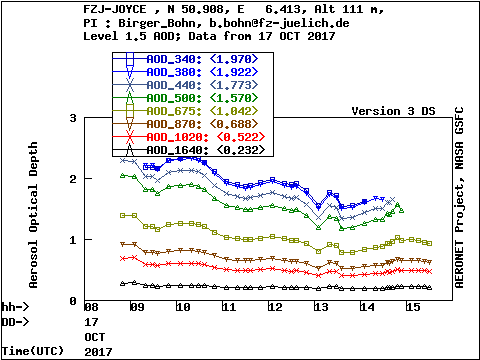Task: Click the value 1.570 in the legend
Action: (x=234, y=98)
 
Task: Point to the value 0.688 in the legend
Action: (x=234, y=124)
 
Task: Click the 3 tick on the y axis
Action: (x=73, y=118)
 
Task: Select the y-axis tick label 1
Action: (x=73, y=240)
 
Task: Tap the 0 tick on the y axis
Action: (x=73, y=301)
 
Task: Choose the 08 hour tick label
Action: (x=91, y=307)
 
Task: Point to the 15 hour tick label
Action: (x=413, y=307)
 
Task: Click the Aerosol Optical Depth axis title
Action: (x=33, y=215)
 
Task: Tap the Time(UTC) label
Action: (x=33, y=351)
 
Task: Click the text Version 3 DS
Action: (x=393, y=111)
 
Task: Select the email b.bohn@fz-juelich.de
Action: (x=279, y=23)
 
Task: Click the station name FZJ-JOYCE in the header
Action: (x=115, y=9)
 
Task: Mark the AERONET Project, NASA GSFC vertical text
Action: (x=459, y=197)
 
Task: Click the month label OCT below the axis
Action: (x=95, y=337)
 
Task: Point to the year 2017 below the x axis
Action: (x=98, y=352)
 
